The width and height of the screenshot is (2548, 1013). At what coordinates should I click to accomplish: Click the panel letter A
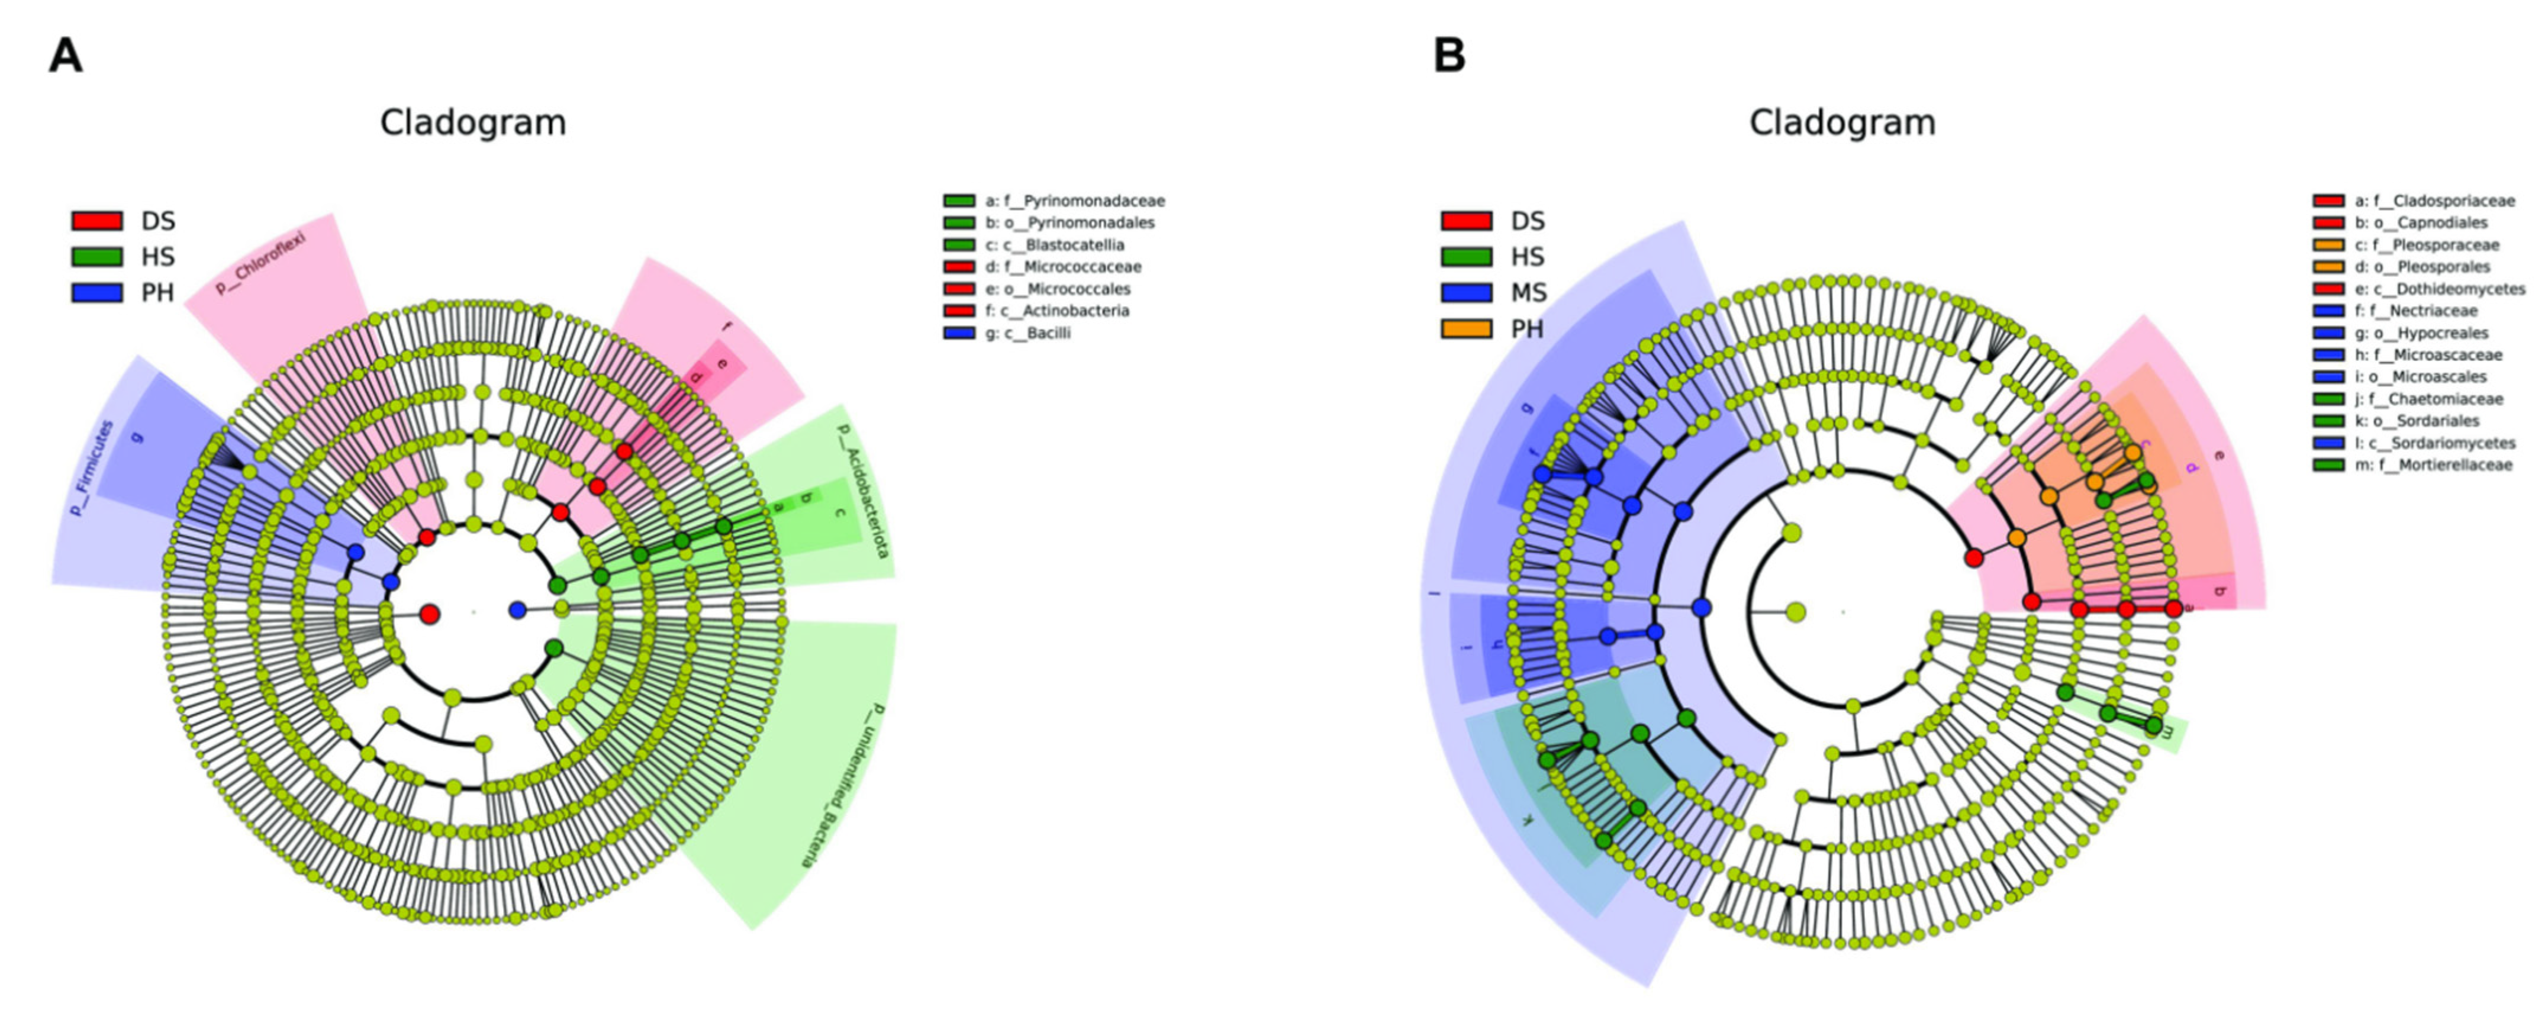(65, 56)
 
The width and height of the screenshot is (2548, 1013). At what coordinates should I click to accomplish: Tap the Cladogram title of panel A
(473, 122)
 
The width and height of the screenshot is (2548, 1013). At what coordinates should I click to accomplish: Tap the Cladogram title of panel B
(1842, 122)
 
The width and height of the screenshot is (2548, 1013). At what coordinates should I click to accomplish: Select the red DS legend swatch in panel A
(97, 221)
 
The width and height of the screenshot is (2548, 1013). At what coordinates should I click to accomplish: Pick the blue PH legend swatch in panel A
(97, 293)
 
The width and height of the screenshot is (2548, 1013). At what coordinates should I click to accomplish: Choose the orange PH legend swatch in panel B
(1466, 328)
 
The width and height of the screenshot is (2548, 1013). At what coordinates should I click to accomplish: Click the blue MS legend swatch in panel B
(1466, 293)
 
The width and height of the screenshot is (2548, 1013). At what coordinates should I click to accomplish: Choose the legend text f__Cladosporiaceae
(2443, 201)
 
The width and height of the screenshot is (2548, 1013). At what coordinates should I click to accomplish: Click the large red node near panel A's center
(429, 614)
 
